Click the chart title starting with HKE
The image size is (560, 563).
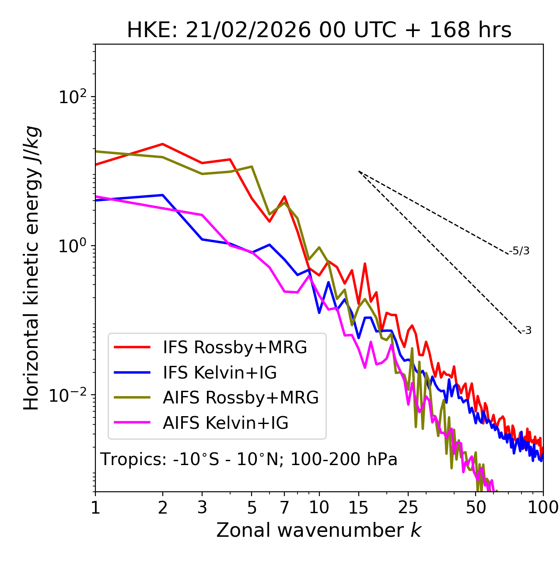click(x=319, y=31)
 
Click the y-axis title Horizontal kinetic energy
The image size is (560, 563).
click(x=32, y=268)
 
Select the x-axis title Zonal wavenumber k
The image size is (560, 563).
click(x=318, y=530)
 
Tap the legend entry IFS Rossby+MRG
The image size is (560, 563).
click(x=234, y=348)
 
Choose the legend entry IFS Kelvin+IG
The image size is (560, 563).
click(x=220, y=373)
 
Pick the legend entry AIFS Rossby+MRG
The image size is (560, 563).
click(x=241, y=398)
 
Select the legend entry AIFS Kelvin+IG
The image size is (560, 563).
click(x=225, y=423)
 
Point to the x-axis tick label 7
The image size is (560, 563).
click(x=284, y=507)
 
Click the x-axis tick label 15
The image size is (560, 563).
click(x=358, y=507)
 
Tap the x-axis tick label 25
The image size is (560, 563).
click(x=408, y=507)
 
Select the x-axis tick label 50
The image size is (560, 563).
click(x=476, y=507)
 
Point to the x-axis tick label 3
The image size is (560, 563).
click(x=202, y=507)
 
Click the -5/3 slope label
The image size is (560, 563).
click(x=519, y=251)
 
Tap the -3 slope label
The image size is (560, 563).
click(x=526, y=330)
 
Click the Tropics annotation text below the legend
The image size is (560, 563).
click(x=248, y=460)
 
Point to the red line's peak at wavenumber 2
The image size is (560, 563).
click(x=163, y=144)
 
